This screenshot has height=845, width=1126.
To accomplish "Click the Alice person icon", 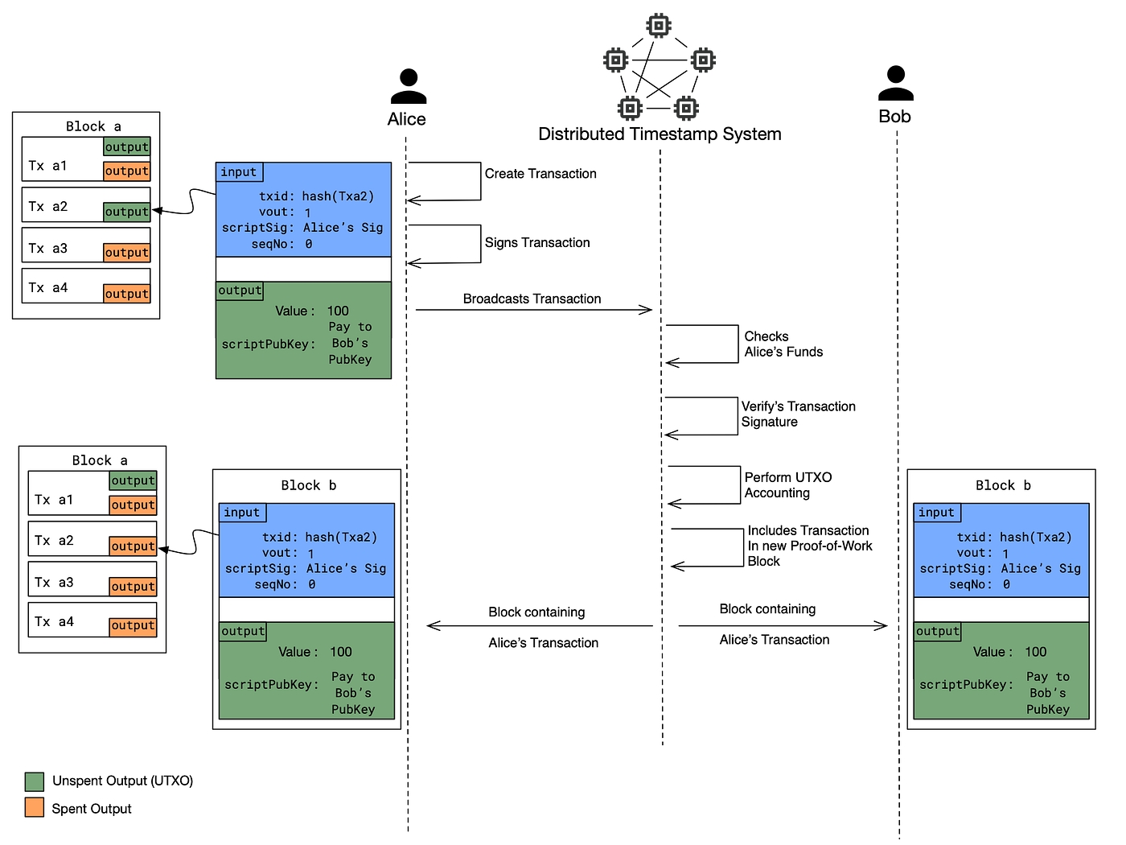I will (409, 87).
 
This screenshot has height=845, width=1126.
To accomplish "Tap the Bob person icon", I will (895, 84).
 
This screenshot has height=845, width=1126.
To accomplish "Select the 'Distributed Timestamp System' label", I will (660, 134).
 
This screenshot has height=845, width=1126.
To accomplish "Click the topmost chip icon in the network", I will (659, 26).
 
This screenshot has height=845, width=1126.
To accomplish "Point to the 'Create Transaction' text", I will (540, 174).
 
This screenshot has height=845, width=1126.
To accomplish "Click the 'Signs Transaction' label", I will (537, 243).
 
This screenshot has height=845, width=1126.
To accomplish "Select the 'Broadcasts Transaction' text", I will (532, 299).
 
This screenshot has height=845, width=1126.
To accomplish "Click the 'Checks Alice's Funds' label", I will (783, 344).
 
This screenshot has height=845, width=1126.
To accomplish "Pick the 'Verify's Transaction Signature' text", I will (798, 414).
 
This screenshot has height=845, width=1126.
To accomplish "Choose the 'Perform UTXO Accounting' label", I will (788, 485).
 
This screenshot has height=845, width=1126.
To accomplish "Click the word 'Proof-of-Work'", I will (833, 546).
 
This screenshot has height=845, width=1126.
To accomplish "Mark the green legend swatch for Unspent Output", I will (35, 781).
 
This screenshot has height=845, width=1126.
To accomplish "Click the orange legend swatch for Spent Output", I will (35, 808).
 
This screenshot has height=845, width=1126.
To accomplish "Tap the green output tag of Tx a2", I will (127, 212).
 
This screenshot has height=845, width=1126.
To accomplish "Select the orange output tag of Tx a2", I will (134, 546).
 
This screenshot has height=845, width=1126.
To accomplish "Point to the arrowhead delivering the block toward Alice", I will (433, 625).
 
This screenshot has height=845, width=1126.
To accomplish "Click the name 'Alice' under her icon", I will (407, 119).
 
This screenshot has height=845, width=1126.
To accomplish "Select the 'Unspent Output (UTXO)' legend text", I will (122, 781).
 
